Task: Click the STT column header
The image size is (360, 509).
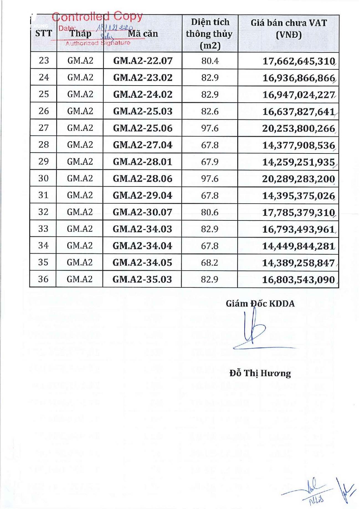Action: (x=43, y=34)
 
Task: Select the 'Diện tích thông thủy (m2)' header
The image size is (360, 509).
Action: (x=210, y=34)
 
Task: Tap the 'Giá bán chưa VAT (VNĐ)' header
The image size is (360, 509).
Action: (x=289, y=29)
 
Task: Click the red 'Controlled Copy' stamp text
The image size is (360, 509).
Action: (x=97, y=17)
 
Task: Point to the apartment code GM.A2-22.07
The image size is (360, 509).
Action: (x=143, y=61)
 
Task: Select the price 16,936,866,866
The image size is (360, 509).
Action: (x=299, y=78)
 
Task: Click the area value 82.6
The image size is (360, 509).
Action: (x=210, y=111)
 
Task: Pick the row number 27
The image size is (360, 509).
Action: (x=43, y=128)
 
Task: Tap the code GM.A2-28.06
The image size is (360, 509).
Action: (x=142, y=179)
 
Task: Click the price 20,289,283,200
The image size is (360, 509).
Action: (x=299, y=179)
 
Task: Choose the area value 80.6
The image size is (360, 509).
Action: (x=210, y=212)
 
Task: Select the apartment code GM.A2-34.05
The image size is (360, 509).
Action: (x=142, y=263)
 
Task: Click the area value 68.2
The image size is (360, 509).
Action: (x=209, y=263)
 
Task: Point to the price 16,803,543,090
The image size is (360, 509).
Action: (x=298, y=280)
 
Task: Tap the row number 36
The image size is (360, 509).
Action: (x=43, y=279)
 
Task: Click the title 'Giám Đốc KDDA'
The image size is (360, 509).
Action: (x=260, y=304)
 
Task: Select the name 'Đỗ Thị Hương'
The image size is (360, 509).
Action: (x=260, y=373)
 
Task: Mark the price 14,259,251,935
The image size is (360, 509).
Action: (x=299, y=162)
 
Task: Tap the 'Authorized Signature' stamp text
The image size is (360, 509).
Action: (x=98, y=43)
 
